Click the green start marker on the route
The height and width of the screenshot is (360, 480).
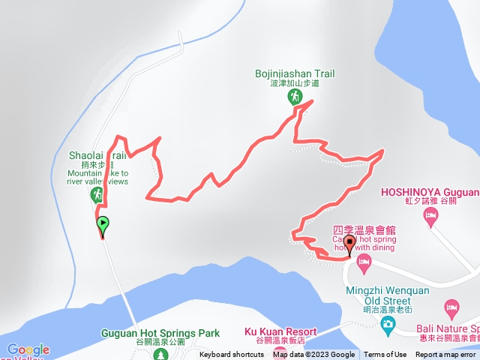102,223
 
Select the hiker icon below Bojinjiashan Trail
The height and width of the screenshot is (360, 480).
295,97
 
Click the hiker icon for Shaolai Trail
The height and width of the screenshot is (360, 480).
97,195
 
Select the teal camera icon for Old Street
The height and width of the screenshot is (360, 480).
388,324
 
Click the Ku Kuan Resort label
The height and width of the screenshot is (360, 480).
280,331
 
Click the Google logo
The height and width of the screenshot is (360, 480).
28,349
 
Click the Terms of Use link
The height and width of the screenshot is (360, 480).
385,355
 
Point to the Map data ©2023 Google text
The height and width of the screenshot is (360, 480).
314,355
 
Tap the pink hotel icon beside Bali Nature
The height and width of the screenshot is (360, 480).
451,307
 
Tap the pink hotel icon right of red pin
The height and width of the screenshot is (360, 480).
364,262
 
